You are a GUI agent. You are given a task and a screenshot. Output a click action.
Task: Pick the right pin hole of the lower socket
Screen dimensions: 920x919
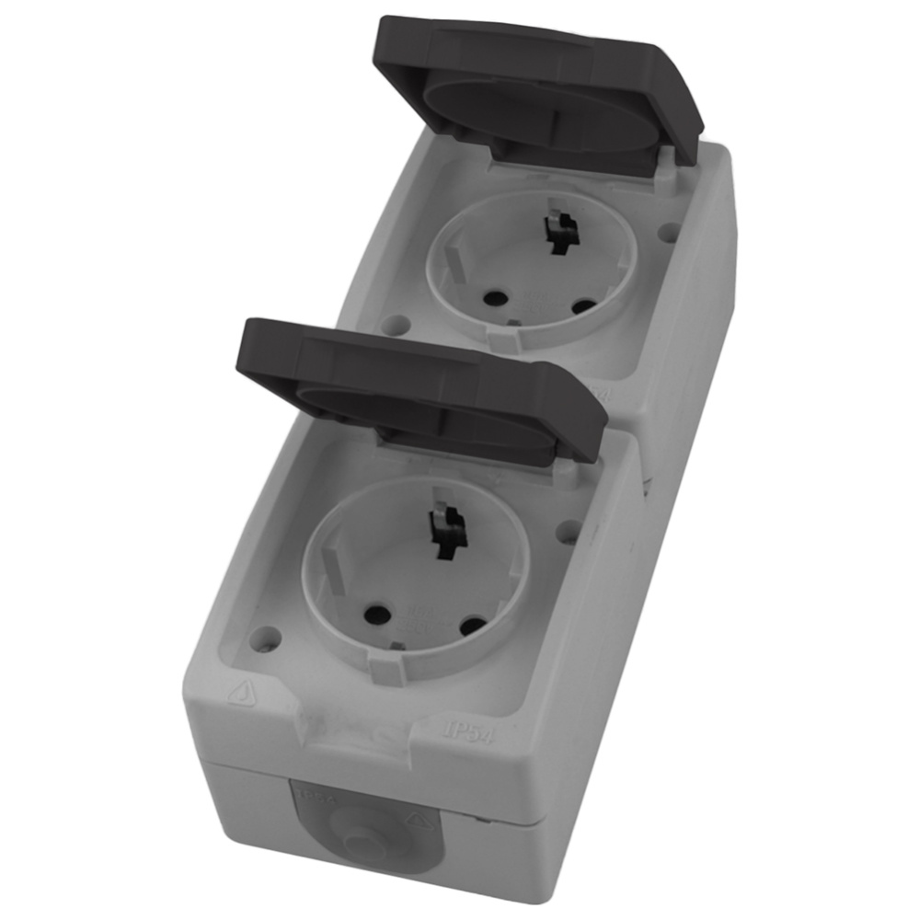click(473, 626)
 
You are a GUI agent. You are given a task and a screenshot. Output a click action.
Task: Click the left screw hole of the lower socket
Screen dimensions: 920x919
click(268, 636)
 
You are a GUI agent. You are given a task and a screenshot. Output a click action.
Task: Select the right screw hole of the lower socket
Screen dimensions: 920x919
click(569, 531)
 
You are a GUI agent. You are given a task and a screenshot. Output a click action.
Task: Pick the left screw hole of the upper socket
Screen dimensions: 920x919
click(396, 324)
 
